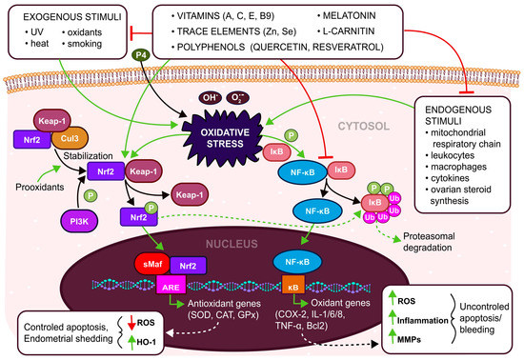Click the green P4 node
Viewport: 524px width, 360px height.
[x=139, y=70]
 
